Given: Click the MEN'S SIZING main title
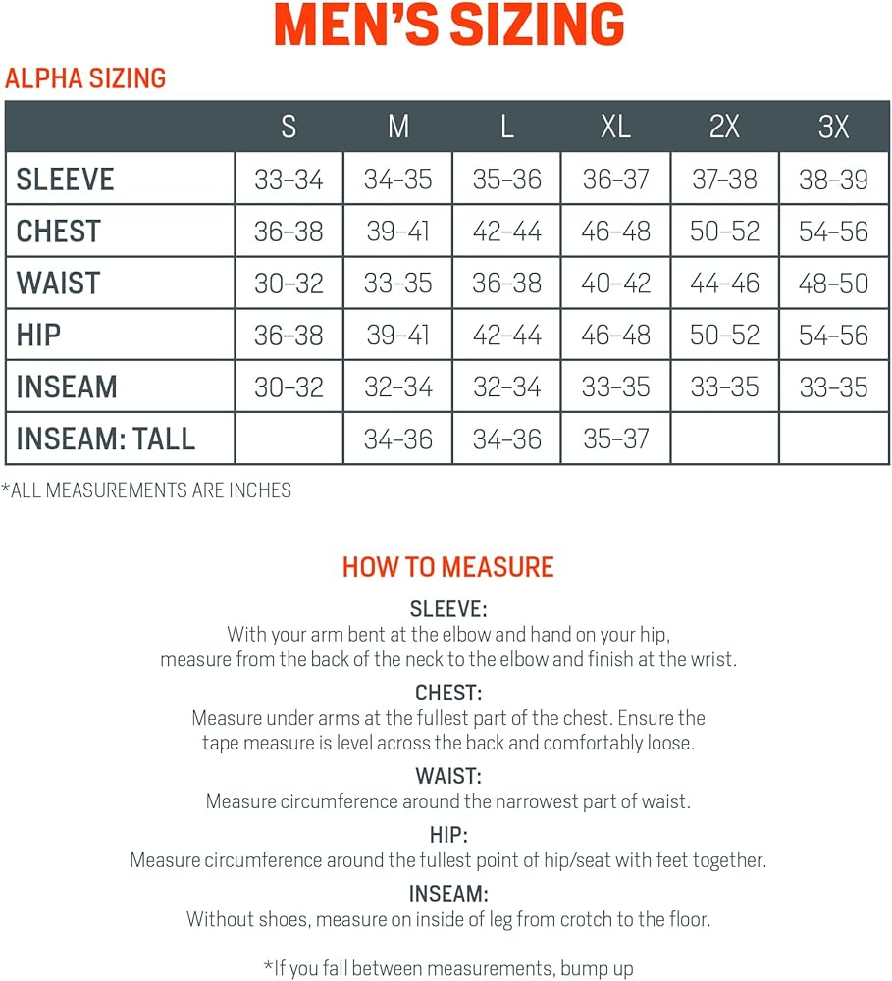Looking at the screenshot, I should coord(449,26).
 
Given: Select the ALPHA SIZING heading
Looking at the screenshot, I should coord(85,78).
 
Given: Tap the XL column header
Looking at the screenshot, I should coord(615,127).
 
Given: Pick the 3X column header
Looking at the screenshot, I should coord(833,127).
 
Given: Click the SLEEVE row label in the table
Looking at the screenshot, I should coord(66,180).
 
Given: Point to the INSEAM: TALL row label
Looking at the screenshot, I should coord(106,439).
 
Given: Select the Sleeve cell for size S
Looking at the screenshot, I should coord(289,180).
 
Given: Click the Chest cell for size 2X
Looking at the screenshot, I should coord(724,232).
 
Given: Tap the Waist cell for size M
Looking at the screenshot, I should coord(397,284).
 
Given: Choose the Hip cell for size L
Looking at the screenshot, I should coord(506,336).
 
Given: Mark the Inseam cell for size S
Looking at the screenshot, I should coord(289,387).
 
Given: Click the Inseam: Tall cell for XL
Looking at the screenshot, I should coord(615,439).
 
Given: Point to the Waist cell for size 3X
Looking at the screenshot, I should coord(833,284).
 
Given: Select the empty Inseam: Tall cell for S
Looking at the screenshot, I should coord(289,439).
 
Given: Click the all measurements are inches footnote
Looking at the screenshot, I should coord(147,490).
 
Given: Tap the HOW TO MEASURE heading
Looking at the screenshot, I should coord(447,567).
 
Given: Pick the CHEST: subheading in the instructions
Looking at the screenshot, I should coord(447,694).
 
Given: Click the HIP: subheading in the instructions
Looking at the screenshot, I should coord(447,836).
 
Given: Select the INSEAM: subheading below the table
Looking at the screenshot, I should coord(447,895).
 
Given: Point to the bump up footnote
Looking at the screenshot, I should coord(447,968).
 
